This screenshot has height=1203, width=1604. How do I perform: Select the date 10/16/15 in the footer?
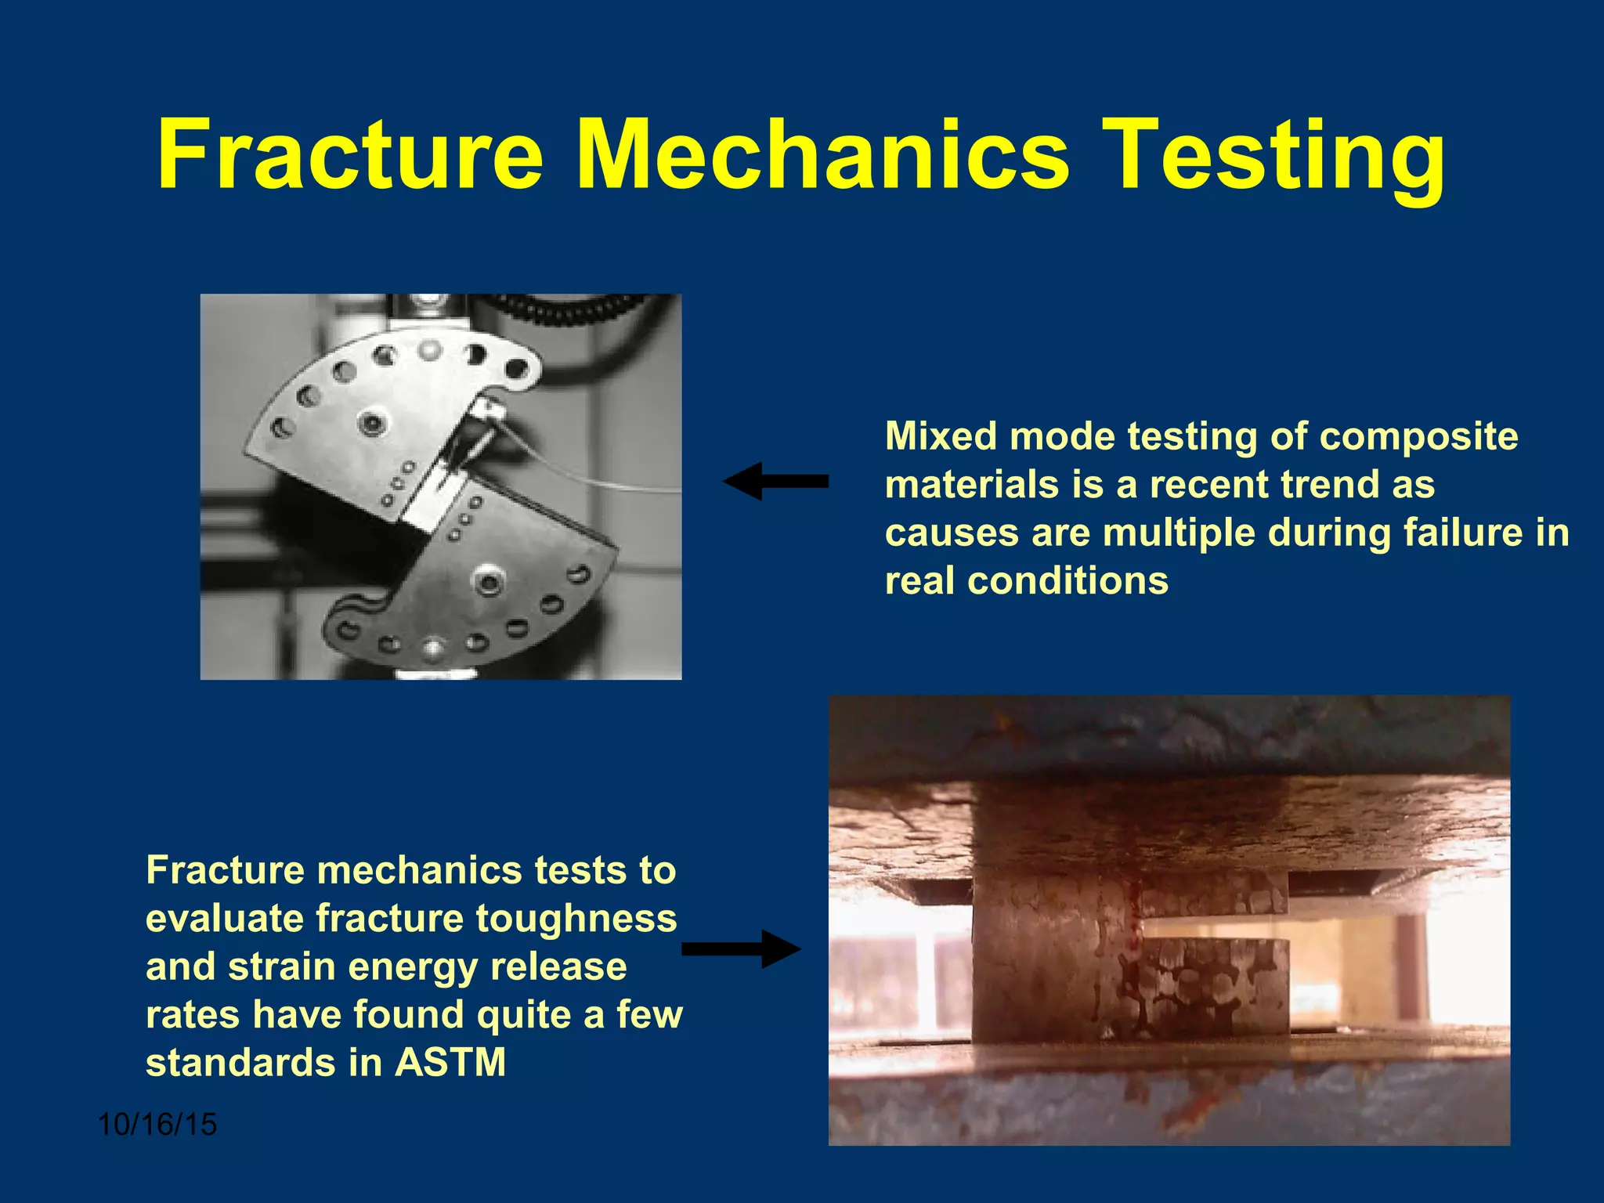tap(157, 1125)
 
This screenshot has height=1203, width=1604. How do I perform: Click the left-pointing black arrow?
tap(775, 481)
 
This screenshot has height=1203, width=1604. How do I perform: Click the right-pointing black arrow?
tap(741, 949)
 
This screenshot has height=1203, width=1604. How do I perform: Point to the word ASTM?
tap(450, 1063)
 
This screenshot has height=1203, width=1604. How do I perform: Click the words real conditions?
tap(1026, 581)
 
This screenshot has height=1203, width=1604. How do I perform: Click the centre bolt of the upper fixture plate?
tap(371, 423)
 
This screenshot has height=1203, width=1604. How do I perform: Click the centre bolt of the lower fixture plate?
tap(488, 581)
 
